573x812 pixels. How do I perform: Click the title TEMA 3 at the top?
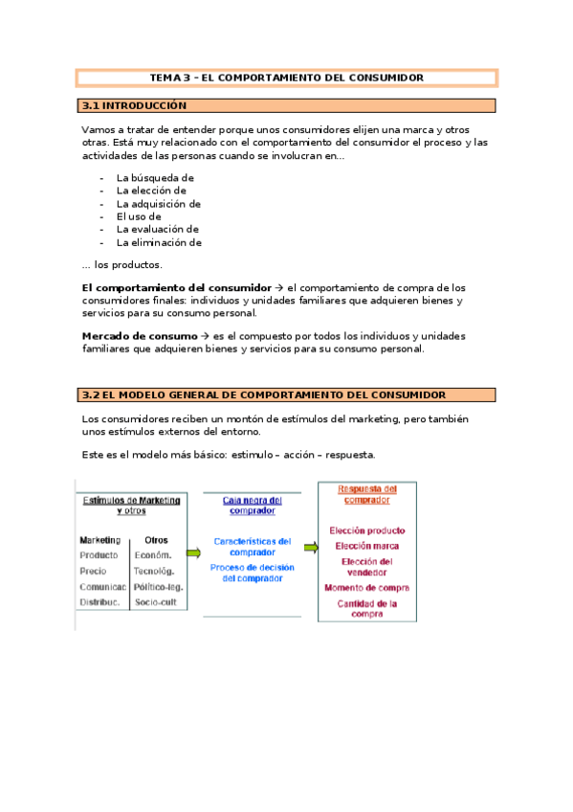(x=287, y=78)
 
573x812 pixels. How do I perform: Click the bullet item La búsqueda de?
(x=155, y=177)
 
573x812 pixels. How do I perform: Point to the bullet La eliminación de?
(x=159, y=242)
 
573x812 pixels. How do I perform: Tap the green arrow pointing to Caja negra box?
(x=194, y=553)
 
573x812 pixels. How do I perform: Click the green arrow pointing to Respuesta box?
(x=311, y=548)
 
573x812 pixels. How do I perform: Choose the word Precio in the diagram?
(x=94, y=571)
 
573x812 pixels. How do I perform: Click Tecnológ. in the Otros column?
(x=154, y=571)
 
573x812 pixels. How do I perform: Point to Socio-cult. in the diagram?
(x=156, y=601)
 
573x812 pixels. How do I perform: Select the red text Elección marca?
(x=367, y=546)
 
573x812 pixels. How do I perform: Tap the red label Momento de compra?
(x=367, y=588)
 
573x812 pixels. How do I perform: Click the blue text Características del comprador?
(x=253, y=546)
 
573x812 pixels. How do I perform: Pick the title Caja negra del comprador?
(x=253, y=505)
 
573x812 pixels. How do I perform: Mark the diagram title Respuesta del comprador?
(x=367, y=495)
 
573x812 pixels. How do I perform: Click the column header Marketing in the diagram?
(x=99, y=539)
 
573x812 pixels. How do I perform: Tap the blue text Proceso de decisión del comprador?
(x=253, y=573)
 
